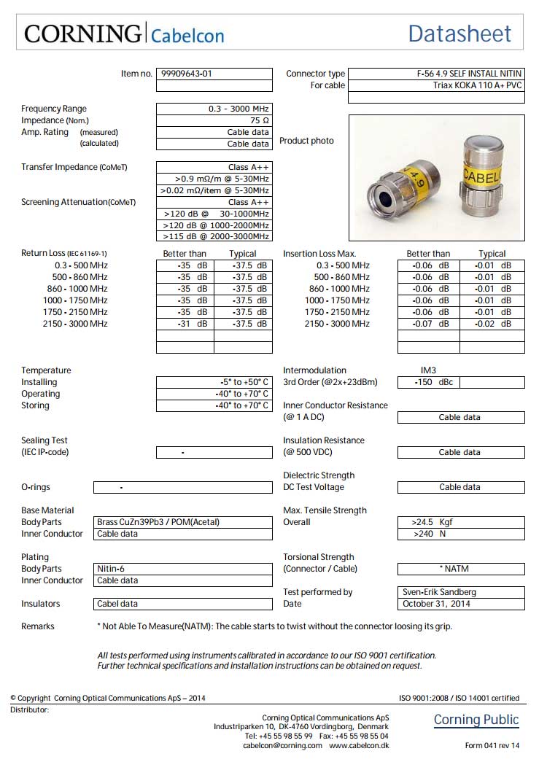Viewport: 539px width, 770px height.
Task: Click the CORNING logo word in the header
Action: [82, 34]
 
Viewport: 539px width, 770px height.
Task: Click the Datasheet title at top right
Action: [459, 34]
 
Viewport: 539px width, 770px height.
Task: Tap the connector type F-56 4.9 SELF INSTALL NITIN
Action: [464, 74]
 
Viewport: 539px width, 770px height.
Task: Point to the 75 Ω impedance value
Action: [260, 120]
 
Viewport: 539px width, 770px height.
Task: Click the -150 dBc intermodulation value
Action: [428, 382]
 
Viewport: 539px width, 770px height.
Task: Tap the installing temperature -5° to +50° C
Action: [244, 382]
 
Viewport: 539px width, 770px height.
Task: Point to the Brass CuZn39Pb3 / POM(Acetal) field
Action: [158, 522]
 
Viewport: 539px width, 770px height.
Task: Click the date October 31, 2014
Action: [436, 604]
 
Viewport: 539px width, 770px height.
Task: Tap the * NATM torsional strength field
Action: [459, 569]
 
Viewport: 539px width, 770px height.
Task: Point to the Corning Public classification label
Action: [476, 720]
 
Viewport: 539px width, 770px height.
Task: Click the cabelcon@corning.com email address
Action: [282, 745]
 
